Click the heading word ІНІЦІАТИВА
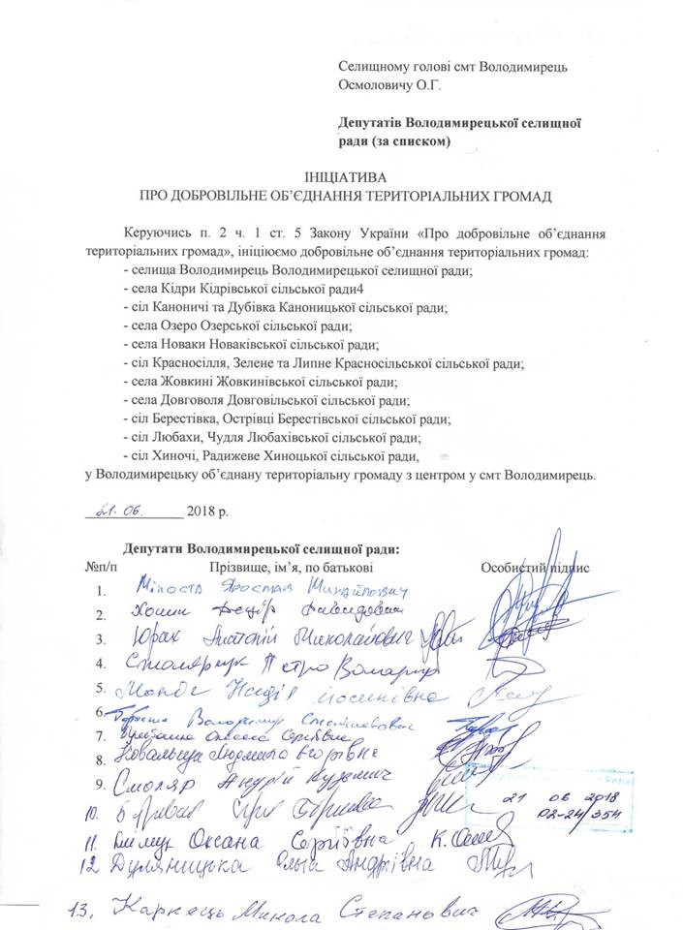point(344,179)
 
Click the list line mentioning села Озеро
point(238,326)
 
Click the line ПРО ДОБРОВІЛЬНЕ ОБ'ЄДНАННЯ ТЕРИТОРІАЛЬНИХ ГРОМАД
point(344,198)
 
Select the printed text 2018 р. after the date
point(211,511)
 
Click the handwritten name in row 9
point(242,778)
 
